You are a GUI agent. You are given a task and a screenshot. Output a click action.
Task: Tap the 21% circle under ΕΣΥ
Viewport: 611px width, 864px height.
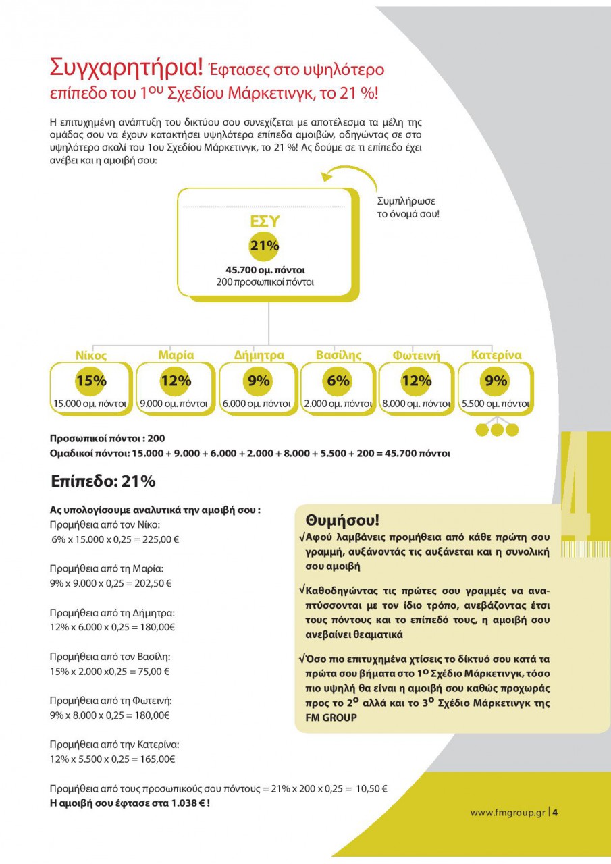click(265, 246)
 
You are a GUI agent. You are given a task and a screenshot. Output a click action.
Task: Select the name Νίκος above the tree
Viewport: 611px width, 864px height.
click(90, 354)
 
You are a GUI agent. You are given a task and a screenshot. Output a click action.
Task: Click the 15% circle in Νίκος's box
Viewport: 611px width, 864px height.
click(90, 381)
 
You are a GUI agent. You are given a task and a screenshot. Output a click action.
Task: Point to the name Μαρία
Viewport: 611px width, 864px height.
click(176, 354)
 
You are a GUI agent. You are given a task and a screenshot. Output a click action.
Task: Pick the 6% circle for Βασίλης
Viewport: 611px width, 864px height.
click(339, 381)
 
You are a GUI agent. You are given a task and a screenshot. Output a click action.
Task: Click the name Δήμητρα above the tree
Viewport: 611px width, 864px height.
click(259, 354)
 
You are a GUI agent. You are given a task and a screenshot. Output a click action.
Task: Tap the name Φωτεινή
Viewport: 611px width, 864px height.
click(417, 354)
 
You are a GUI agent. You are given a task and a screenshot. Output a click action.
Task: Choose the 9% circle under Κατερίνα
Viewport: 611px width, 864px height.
click(496, 381)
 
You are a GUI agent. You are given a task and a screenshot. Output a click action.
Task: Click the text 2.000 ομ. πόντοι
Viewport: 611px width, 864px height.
click(338, 404)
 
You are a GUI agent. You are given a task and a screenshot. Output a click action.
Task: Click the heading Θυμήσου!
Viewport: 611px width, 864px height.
click(342, 520)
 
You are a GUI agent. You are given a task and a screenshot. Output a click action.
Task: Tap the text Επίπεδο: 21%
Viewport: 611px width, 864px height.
click(103, 481)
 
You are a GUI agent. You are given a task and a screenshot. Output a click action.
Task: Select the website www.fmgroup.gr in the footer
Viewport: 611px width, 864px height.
click(507, 812)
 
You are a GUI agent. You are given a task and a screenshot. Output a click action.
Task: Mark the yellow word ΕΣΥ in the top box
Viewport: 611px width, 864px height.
click(265, 222)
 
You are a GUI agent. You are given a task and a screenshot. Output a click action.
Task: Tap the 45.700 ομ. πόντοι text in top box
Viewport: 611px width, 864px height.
click(265, 270)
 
